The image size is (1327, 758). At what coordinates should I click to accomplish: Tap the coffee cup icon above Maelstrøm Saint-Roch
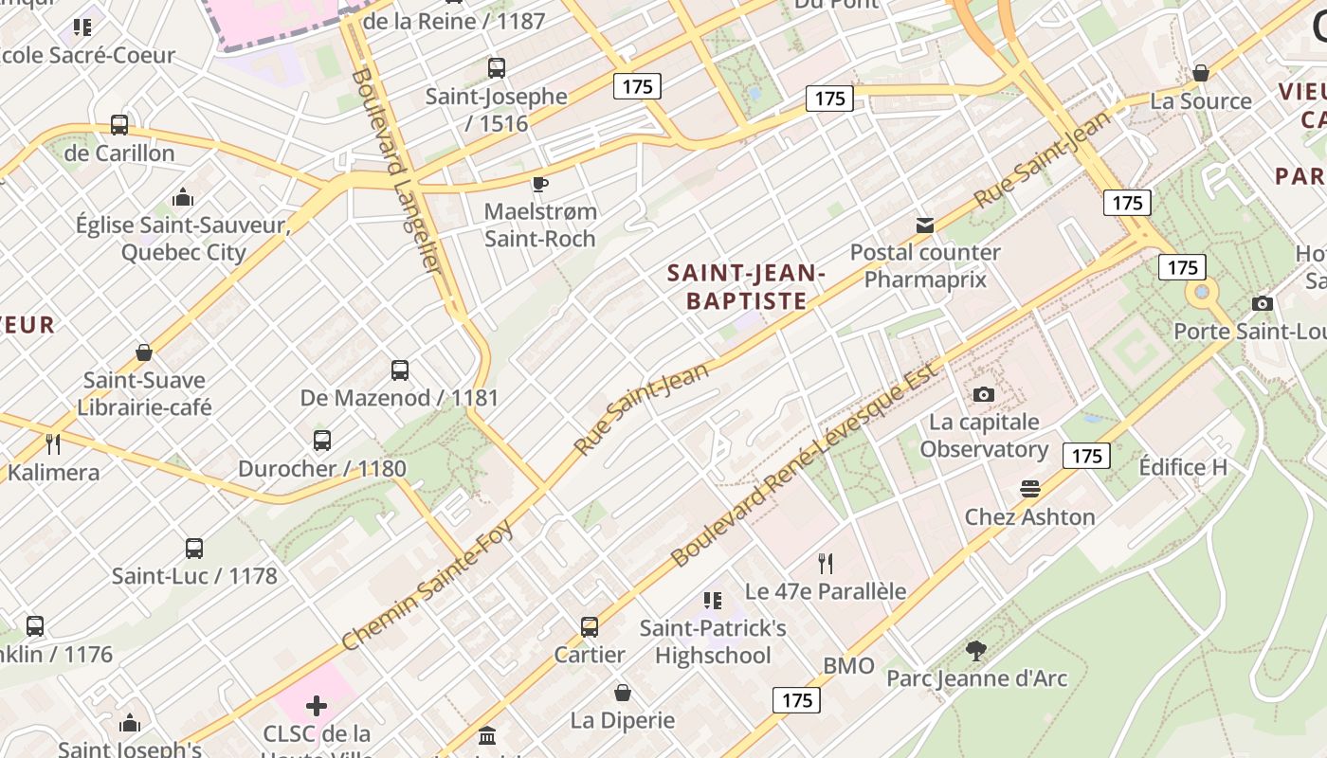tap(540, 184)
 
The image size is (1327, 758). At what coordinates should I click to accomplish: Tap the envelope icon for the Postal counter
tap(925, 225)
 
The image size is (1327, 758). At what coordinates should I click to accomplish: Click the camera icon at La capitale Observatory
tap(984, 394)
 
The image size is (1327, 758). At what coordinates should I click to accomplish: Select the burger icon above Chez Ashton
tap(1030, 489)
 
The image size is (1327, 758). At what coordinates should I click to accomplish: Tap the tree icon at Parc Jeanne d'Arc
tap(975, 651)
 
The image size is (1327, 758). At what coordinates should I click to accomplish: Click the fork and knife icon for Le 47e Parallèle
tap(826, 564)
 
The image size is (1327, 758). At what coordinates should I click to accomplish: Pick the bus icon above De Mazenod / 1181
tap(400, 370)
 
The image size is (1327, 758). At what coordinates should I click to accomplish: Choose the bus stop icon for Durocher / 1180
tap(322, 441)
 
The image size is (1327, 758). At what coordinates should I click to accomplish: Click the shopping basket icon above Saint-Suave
tap(144, 352)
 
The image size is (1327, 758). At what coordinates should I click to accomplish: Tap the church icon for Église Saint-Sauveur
tap(183, 197)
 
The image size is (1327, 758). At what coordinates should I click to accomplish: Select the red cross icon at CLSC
tap(317, 706)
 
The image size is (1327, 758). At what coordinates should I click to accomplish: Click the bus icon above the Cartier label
tap(590, 627)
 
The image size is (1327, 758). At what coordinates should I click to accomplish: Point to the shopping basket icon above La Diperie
tap(623, 693)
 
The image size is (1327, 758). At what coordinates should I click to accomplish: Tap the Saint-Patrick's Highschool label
tap(713, 641)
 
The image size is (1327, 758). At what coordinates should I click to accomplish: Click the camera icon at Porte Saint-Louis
tap(1263, 303)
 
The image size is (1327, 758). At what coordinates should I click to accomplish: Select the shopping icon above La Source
tap(1201, 73)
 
